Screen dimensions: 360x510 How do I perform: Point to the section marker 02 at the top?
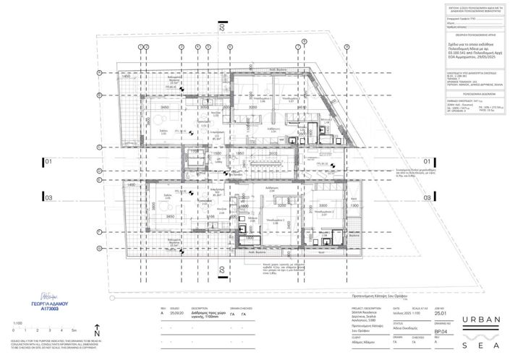tap(222, 29)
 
